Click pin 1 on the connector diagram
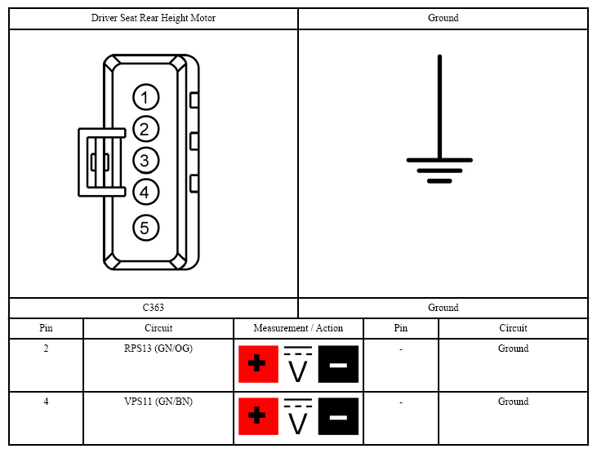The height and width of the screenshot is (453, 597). pos(146,97)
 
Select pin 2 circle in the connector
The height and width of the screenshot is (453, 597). pos(146,129)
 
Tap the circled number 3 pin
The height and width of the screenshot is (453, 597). pos(146,160)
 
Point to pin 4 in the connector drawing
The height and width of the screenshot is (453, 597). pos(146,192)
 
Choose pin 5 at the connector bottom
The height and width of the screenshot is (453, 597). pos(146,228)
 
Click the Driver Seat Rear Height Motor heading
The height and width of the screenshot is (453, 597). pos(154,18)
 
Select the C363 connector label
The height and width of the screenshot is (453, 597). pos(153,308)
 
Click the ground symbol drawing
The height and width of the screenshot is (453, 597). pos(439,119)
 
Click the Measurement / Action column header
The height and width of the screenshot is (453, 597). pos(299,328)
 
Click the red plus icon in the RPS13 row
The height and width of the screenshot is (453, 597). pos(258,364)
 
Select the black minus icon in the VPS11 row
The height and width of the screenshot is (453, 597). pos(338,416)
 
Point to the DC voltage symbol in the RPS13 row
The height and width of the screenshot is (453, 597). pos(298,364)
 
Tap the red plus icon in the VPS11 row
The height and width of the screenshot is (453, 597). pos(258,416)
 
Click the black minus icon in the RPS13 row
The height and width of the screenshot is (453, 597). pos(338,364)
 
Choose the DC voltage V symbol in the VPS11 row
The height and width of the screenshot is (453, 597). pos(298,416)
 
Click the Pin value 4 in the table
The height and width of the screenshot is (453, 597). pos(46,402)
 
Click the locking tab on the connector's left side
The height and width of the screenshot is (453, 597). pos(101,162)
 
